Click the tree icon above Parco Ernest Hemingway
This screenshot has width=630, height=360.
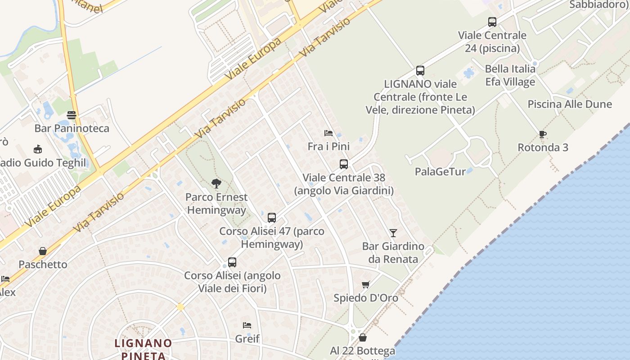point(216,184)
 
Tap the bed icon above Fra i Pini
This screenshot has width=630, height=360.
point(328,133)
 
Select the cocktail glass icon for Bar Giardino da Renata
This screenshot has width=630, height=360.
point(393,233)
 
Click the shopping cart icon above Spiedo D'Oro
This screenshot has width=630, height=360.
point(366,284)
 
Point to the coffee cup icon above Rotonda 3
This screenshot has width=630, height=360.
point(543,134)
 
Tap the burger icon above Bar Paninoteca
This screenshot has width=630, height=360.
point(72,115)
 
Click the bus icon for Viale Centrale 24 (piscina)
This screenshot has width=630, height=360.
point(492,22)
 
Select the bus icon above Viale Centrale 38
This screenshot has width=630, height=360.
point(344,164)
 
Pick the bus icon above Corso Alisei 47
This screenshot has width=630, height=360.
point(272,218)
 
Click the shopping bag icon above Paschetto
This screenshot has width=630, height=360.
point(43,251)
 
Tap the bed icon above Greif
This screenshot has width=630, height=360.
point(247,325)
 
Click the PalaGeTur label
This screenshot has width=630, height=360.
point(440,171)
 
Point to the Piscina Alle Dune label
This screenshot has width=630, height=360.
point(570,104)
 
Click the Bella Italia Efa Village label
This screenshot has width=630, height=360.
point(510,75)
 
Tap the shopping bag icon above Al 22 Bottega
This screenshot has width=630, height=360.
point(363,337)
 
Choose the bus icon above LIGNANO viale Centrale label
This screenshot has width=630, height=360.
point(420,71)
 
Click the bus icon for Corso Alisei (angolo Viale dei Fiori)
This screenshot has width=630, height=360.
point(232,262)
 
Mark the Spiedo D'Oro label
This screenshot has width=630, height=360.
point(366,298)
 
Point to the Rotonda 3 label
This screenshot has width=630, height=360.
point(543,148)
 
